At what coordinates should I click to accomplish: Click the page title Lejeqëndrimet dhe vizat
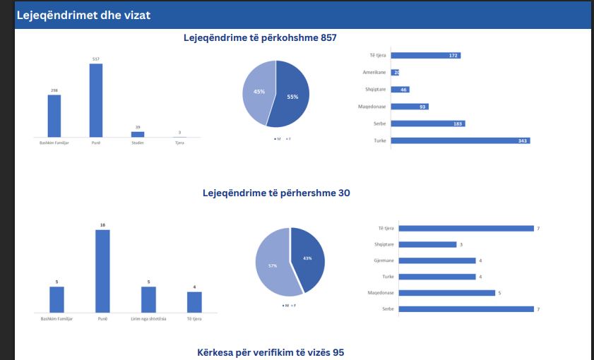click(x=83, y=15)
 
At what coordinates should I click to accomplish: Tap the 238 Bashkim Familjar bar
click(x=54, y=116)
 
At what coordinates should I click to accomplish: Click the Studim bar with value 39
click(x=137, y=134)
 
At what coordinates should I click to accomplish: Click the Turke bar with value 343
click(x=460, y=140)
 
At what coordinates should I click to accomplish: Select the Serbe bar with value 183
click(x=427, y=124)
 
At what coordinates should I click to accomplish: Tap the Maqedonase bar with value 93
click(x=409, y=107)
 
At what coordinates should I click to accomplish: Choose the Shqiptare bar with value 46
click(x=400, y=90)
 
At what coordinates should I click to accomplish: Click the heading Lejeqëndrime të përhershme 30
click(x=276, y=193)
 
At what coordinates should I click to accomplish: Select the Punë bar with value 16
click(x=102, y=271)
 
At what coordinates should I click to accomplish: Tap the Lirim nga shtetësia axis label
click(x=148, y=320)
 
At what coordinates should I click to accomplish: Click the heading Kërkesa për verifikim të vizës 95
click(x=271, y=352)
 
